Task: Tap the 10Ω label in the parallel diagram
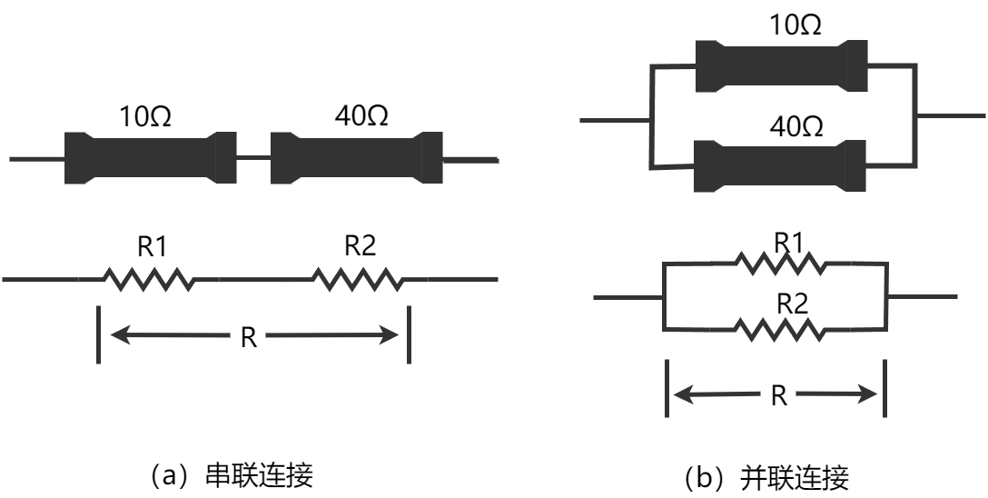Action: [x=795, y=26]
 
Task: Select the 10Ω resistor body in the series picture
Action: [x=149, y=158]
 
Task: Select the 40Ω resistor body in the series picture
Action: [x=356, y=158]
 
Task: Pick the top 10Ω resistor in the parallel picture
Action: [x=781, y=65]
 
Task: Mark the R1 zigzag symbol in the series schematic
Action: [x=149, y=278]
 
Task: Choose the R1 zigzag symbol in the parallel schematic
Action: [x=780, y=264]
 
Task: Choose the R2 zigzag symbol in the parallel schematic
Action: [x=780, y=328]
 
